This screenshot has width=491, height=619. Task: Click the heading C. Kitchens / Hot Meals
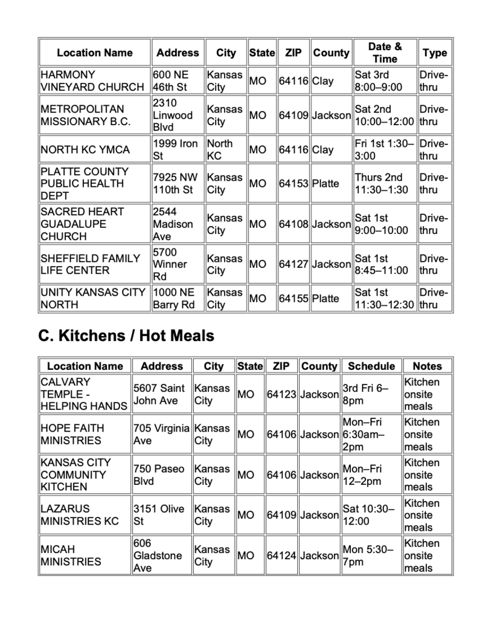coord(126,335)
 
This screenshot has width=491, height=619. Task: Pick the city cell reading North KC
coord(224,149)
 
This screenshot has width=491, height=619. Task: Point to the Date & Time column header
coord(385,53)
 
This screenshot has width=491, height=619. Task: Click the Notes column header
coord(427,366)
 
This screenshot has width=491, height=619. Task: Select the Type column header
coord(434,53)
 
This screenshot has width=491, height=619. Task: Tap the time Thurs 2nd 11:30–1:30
coord(382,184)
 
